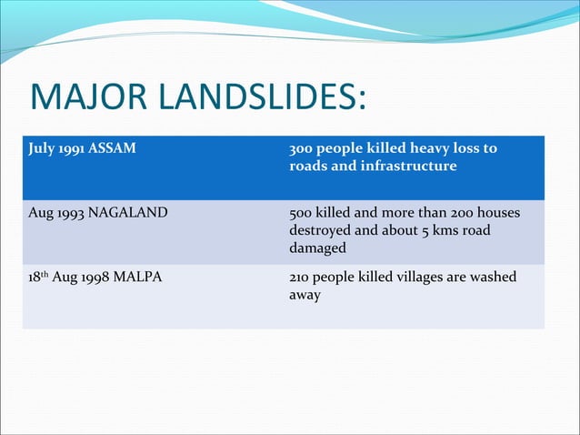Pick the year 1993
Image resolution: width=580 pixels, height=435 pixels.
[x=67, y=213]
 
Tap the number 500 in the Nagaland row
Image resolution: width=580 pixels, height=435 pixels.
[x=301, y=213]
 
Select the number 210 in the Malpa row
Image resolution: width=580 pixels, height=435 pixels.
[x=300, y=277]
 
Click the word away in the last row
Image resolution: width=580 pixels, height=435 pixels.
[x=305, y=295]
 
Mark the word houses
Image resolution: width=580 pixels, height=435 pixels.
[x=497, y=213]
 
